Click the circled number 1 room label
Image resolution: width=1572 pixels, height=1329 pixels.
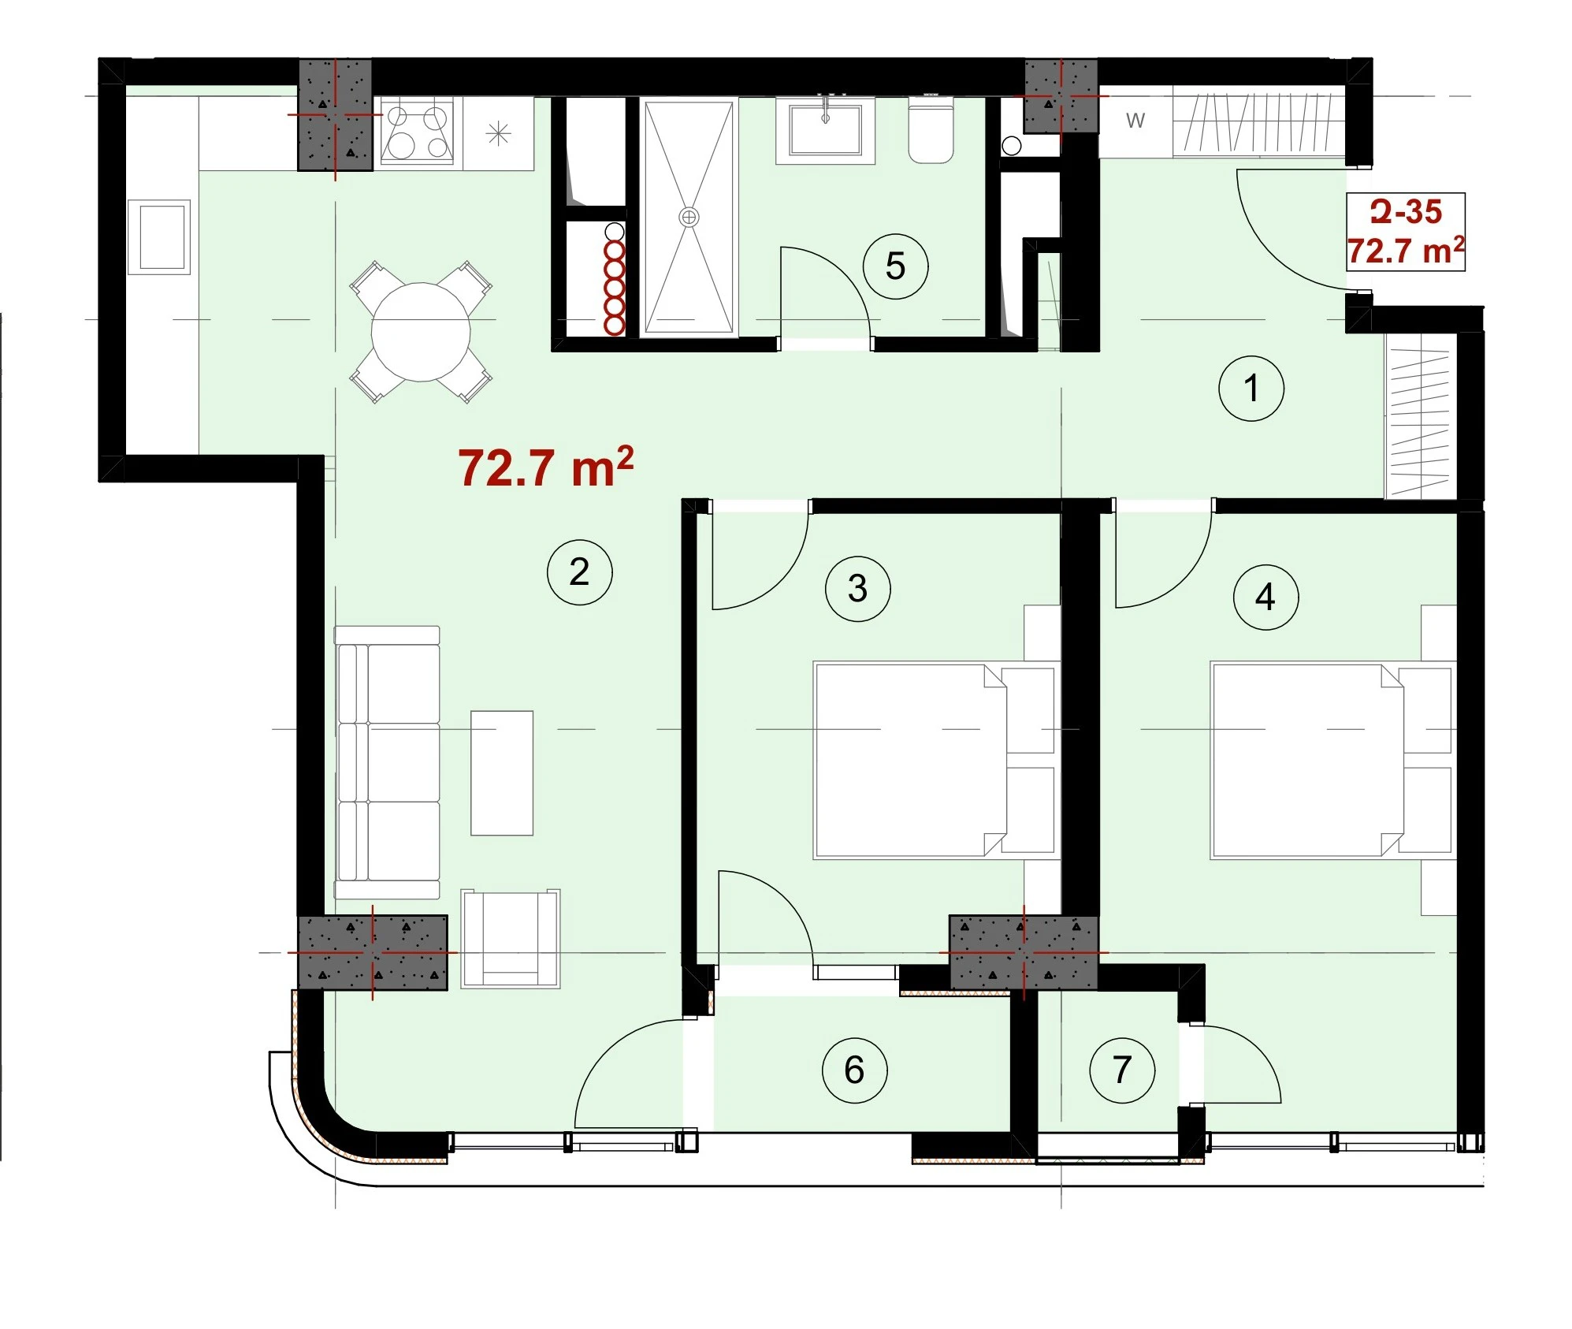point(1251,388)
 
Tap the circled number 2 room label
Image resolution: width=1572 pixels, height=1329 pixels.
point(579,571)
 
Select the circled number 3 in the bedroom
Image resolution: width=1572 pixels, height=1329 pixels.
point(857,588)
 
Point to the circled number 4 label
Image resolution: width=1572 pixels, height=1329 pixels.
point(1265,597)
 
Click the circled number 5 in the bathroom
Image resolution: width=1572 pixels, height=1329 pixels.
point(895,266)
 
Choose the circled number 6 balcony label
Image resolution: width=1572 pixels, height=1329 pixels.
point(854,1070)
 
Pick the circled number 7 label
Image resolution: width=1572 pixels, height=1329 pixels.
point(1122,1070)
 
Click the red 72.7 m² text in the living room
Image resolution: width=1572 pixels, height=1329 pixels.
point(545,467)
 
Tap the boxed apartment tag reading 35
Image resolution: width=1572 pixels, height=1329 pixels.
point(1406,232)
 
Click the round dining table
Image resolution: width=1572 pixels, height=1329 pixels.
point(421,332)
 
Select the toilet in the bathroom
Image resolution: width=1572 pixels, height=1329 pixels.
point(931,130)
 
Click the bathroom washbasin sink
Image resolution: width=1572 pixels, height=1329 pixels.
point(825,131)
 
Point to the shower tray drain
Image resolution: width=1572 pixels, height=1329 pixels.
point(689,217)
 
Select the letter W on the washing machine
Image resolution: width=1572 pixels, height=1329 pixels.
point(1135,121)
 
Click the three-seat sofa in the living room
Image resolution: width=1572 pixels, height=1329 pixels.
point(387,762)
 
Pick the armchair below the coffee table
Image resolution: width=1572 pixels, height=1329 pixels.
point(511,938)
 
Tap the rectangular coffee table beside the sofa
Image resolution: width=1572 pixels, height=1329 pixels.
point(502,772)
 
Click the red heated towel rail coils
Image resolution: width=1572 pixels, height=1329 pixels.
point(614,287)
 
